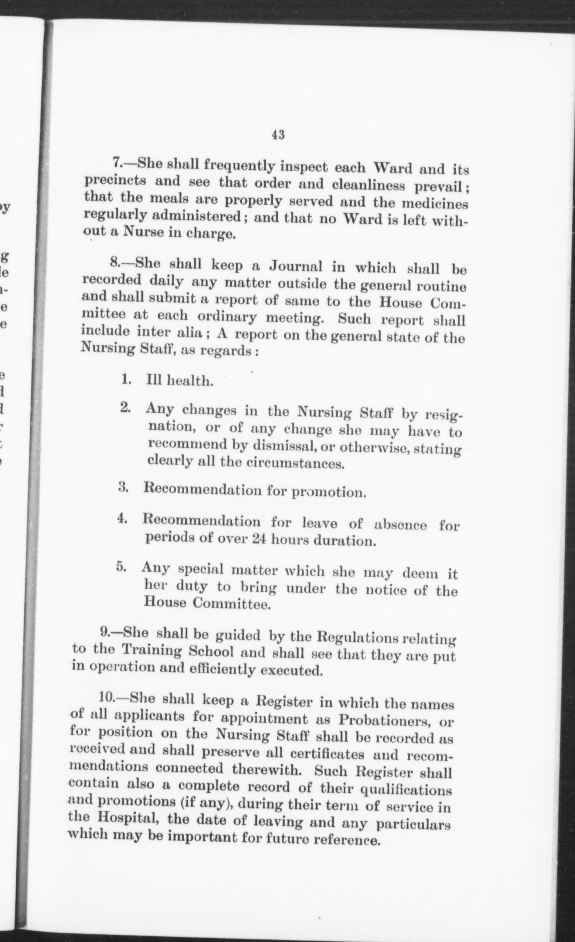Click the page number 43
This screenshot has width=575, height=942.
[x=278, y=134]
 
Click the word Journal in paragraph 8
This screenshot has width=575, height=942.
[x=296, y=266]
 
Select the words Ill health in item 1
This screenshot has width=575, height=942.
[x=179, y=381]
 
